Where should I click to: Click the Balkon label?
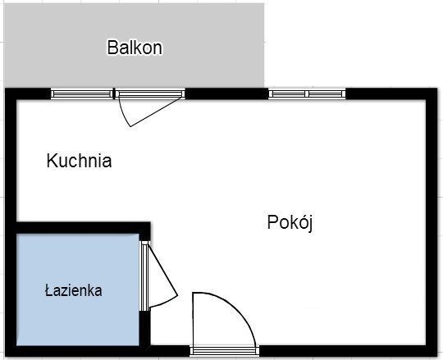135,48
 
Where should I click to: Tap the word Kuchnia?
79,161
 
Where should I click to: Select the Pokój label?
290,222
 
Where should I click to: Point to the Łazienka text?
74,290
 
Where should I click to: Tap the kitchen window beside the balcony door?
82,93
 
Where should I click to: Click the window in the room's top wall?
307,93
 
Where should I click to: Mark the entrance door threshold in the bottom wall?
225,351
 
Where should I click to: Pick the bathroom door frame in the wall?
144,276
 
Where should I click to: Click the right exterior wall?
432,222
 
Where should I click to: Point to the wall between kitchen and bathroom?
83,228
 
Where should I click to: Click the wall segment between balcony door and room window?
226,93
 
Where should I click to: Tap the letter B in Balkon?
112,48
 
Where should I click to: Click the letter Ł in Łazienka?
50,290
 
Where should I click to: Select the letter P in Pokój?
272,222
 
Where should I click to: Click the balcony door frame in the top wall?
150,93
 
